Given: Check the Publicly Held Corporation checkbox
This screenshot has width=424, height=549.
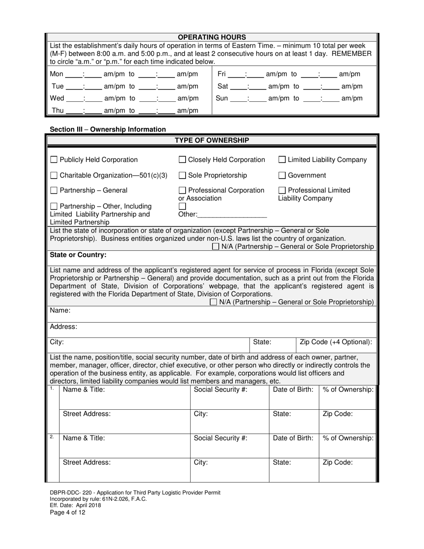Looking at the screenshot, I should (x=54, y=160).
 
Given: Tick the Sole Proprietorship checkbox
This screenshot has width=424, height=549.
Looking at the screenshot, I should (x=182, y=175).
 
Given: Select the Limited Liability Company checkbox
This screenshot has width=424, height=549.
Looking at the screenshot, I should (x=282, y=160).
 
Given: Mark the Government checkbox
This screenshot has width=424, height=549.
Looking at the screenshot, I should (x=282, y=175).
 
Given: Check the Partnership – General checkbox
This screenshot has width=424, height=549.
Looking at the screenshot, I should (x=54, y=191).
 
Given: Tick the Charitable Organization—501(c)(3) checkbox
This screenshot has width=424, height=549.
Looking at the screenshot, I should (x=54, y=175).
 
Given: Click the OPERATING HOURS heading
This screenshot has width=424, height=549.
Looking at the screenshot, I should (x=212, y=37).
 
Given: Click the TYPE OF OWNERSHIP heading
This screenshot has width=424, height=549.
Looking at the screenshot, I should (x=212, y=141).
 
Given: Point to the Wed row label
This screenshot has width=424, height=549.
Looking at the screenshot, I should (x=57, y=99).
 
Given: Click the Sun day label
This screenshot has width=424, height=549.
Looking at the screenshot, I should (x=222, y=98).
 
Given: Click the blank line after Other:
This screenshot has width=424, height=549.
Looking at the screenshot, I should (x=232, y=214).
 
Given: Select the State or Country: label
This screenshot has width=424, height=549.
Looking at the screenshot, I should (x=78, y=255).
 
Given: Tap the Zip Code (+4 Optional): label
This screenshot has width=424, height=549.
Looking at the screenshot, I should (x=336, y=342).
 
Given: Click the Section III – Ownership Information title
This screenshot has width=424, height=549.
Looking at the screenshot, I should (x=108, y=129).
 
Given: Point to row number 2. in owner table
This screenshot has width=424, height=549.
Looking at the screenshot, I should (x=52, y=437).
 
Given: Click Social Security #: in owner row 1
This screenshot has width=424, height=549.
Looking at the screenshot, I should (x=220, y=390).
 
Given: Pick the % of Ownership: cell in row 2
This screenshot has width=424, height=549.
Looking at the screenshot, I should (x=348, y=438).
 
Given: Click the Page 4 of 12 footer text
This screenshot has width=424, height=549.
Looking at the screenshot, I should (x=67, y=512).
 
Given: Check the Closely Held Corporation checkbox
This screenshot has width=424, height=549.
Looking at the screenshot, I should (x=182, y=160).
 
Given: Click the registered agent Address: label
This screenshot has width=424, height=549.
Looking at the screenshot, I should (x=63, y=327).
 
